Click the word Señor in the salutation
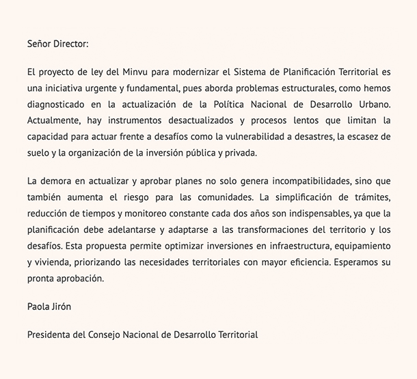point(40,44)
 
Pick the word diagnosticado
point(57,104)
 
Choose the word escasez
point(358,137)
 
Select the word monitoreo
point(148,214)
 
